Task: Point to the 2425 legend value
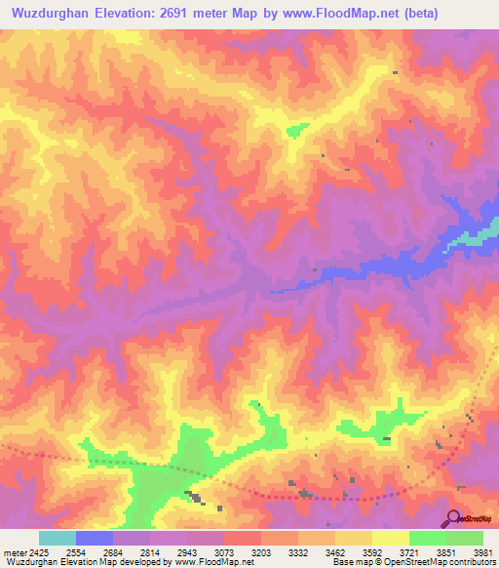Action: pyautogui.click(x=39, y=553)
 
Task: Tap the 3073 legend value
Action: pyautogui.click(x=226, y=553)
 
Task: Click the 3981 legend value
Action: pyautogui.click(x=482, y=553)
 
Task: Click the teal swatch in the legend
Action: pyautogui.click(x=58, y=538)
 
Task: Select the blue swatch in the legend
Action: pyautogui.click(x=95, y=538)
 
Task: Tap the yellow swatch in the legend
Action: pyautogui.click(x=390, y=538)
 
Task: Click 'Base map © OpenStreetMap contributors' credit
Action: pyautogui.click(x=412, y=562)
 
